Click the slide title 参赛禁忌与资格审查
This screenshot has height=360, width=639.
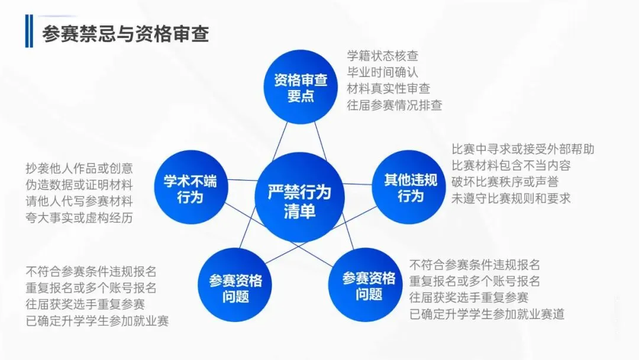125,33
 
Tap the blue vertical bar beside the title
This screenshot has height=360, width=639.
29,32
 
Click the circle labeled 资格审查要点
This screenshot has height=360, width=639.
301,87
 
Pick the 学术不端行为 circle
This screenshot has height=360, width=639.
190,188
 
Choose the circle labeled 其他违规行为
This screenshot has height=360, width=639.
410,188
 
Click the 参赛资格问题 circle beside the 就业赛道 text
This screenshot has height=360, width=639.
369,285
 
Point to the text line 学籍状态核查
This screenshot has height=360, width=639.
383,56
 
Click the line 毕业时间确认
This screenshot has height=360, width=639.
383,72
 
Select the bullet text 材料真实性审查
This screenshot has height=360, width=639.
389,88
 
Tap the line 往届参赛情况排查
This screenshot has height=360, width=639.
395,105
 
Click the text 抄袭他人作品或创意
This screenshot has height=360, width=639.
79,168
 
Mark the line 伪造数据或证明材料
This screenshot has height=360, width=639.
79,184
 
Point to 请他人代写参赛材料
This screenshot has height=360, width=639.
79,201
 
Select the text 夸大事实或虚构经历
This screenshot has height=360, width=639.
79,217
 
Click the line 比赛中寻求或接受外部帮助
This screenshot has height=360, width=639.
523,149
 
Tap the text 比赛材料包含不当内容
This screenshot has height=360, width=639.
511,165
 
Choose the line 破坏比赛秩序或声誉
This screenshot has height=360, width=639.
505,182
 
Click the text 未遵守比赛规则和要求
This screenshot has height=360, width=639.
511,198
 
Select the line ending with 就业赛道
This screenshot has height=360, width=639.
487,314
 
